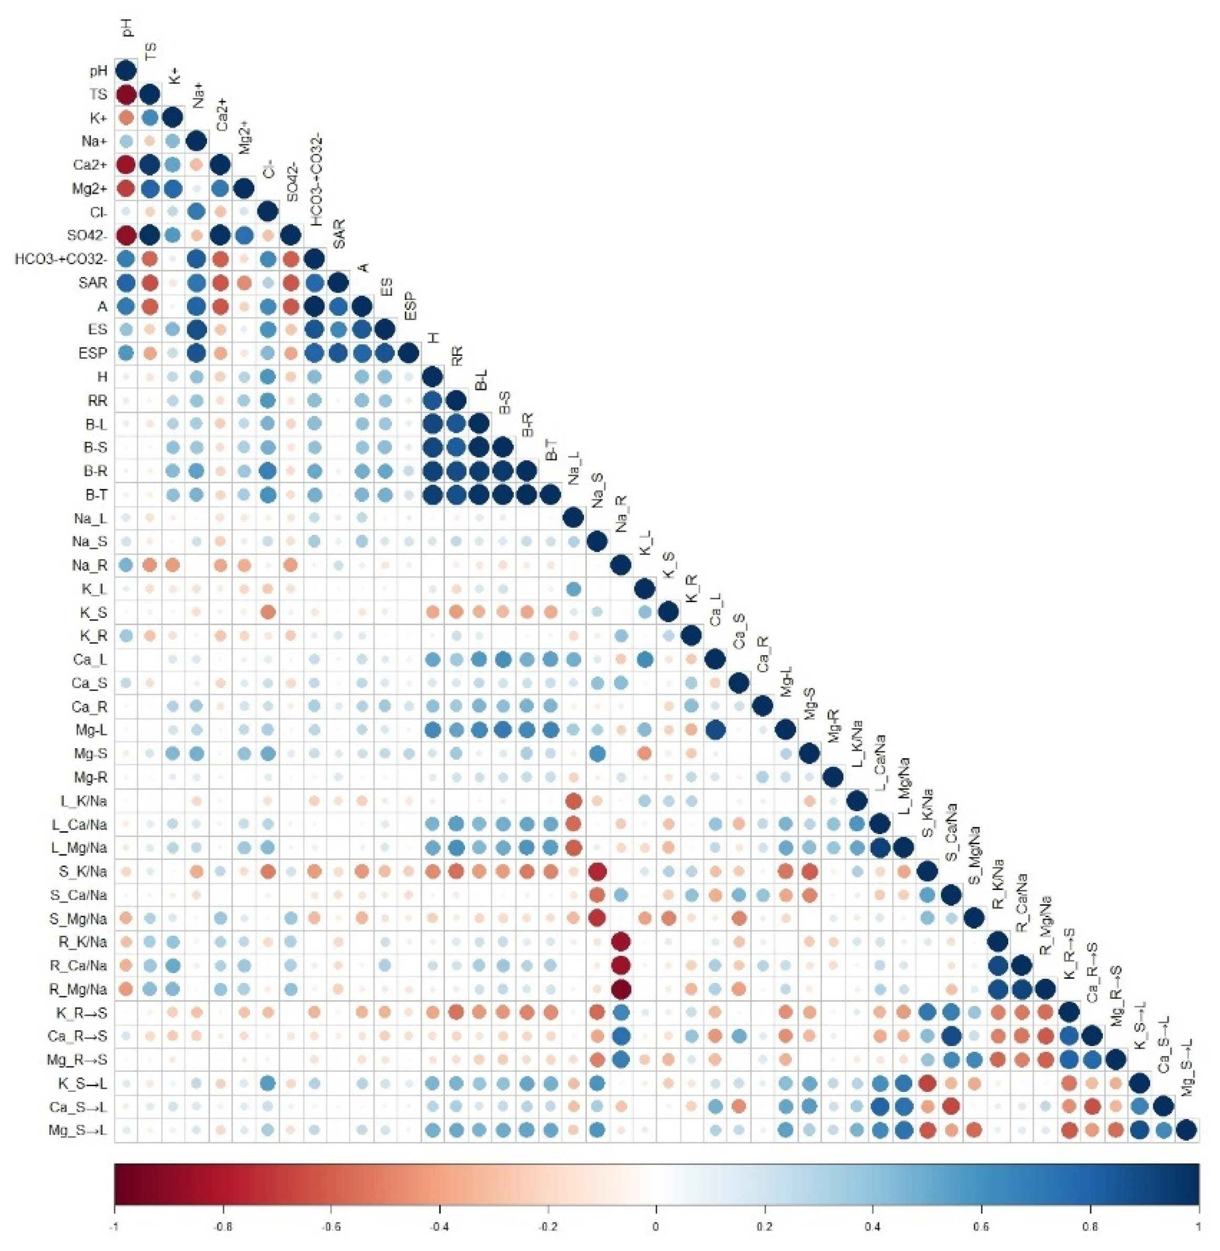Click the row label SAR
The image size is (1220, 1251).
click(94, 283)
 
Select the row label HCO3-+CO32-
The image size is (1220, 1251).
click(61, 260)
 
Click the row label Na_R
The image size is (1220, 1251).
click(90, 565)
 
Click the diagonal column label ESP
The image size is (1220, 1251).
click(410, 307)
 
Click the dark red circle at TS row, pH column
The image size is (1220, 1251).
click(126, 95)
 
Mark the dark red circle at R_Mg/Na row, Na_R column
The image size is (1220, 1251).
click(621, 989)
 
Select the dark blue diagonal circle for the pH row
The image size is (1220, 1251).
click(126, 70)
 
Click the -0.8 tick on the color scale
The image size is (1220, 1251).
click(223, 1227)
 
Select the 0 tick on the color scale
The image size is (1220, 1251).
click(656, 1227)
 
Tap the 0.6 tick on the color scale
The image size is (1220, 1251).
click(981, 1227)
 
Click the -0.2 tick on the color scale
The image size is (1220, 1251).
click(548, 1227)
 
